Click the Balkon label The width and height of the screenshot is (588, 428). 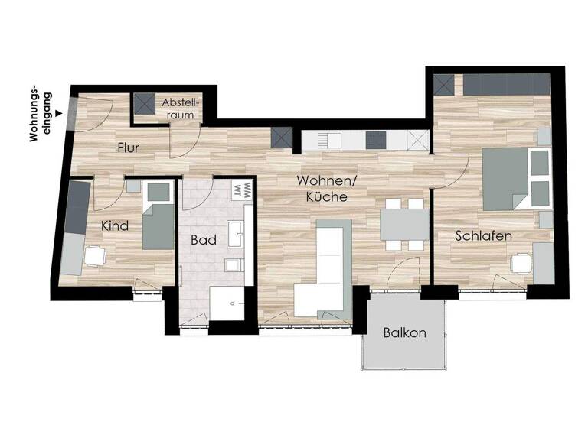(404, 333)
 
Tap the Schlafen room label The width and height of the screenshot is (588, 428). (483, 235)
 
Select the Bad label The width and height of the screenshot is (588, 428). (204, 239)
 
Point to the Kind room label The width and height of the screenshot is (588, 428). (114, 226)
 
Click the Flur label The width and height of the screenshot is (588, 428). (128, 148)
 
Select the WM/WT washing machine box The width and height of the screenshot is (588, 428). (243, 188)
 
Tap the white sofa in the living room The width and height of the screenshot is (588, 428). (322, 267)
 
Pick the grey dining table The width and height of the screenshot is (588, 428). (405, 224)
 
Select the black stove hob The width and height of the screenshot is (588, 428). (376, 140)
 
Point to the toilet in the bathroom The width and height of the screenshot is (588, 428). (232, 264)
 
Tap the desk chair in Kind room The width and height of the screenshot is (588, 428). (96, 256)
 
